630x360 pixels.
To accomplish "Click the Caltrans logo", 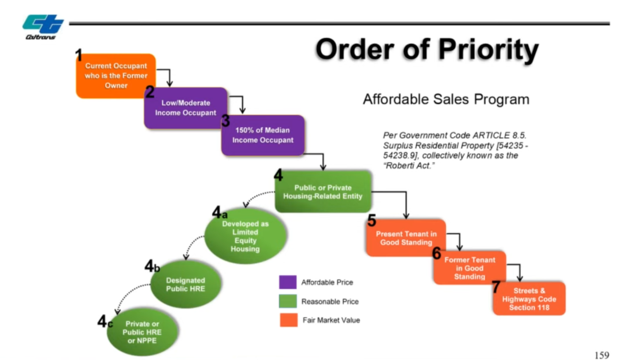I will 42,26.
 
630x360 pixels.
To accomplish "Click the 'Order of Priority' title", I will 427,50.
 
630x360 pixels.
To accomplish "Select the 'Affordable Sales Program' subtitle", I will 446,99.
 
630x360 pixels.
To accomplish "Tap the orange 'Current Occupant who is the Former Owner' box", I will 116,76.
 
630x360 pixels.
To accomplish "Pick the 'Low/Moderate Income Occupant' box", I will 185,108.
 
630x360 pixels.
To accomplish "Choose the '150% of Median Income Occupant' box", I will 263,135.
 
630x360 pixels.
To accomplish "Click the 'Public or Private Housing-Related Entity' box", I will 323,192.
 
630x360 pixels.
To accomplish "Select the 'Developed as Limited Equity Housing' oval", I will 245,236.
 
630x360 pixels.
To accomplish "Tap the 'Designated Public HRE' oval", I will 185,284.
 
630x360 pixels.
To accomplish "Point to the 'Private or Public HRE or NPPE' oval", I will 142,332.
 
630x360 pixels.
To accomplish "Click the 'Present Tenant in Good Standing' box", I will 406,238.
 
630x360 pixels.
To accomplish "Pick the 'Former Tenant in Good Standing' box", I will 469,268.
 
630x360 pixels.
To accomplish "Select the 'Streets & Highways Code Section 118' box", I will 529,299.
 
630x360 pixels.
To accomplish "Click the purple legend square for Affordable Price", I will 288,282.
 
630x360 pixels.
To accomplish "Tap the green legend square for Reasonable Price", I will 288,301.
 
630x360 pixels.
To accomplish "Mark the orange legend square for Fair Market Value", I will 288,320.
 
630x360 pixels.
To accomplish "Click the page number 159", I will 602,355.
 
